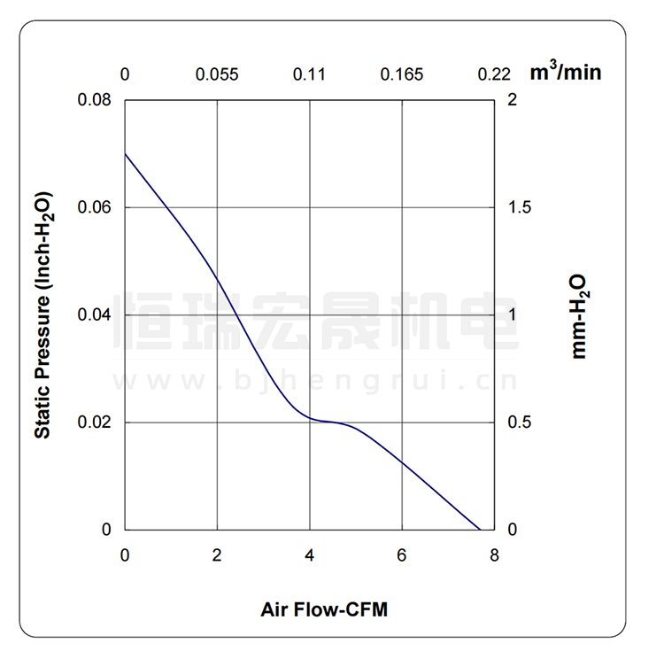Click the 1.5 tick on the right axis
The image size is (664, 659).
point(521,207)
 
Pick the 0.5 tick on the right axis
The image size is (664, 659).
point(521,423)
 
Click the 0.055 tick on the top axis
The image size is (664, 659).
point(217,74)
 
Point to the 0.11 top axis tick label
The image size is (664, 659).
point(309,74)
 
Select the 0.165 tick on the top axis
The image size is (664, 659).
point(402,74)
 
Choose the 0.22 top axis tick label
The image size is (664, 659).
point(494,74)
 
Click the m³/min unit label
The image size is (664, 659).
point(565,72)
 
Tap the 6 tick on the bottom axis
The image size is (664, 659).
point(402,555)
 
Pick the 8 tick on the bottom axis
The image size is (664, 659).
point(494,555)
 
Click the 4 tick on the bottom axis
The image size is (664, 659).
point(309,555)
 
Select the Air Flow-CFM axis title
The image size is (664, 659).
point(324,609)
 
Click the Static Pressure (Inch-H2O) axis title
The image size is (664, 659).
point(42,315)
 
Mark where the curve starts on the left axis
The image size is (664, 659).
point(125,153)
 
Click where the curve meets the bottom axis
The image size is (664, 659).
point(480,530)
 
